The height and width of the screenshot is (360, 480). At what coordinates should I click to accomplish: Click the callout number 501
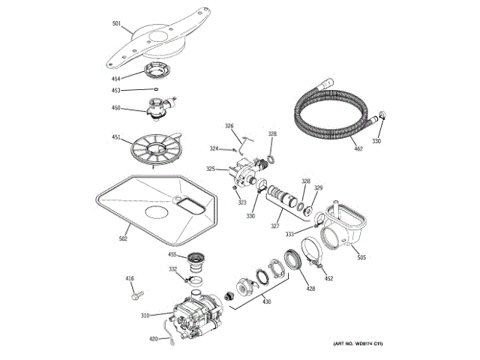coord(116,24)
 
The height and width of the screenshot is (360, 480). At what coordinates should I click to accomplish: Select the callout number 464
coord(115,79)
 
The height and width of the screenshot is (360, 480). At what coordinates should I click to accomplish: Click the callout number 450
coord(115,108)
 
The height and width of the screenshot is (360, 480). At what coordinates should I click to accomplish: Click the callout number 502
coord(123,239)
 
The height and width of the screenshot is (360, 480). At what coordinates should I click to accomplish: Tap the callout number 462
coord(358,149)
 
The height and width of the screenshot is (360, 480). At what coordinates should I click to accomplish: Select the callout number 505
coord(361,258)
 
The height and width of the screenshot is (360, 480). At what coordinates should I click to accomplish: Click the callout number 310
coord(145,315)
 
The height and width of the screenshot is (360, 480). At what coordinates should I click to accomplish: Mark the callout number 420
coord(153,339)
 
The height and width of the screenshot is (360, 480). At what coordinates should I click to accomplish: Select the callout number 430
coord(265,301)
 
